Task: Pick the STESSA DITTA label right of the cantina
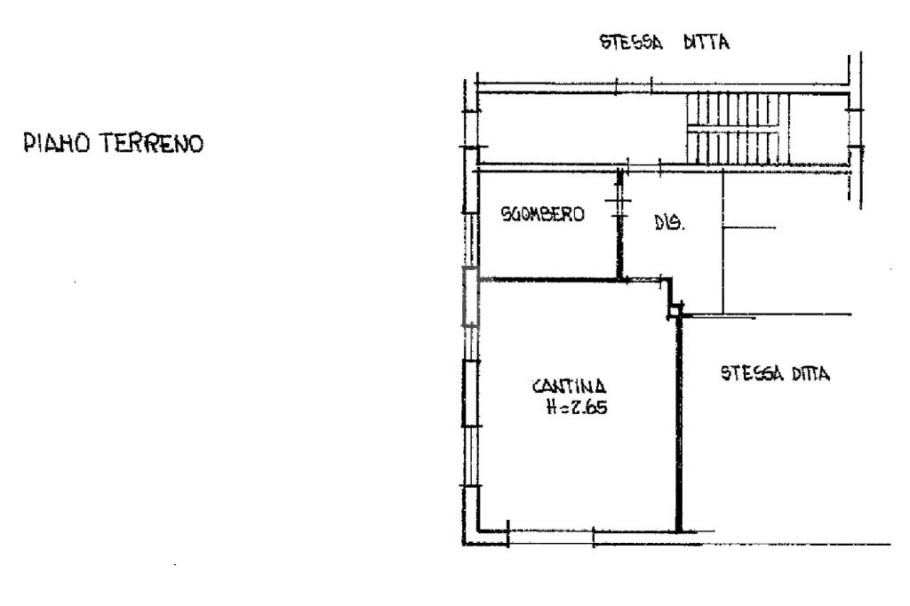[x=775, y=374]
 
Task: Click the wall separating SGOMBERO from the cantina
[x=551, y=280]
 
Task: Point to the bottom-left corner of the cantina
[x=479, y=531]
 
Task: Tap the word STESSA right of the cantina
[x=748, y=374]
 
